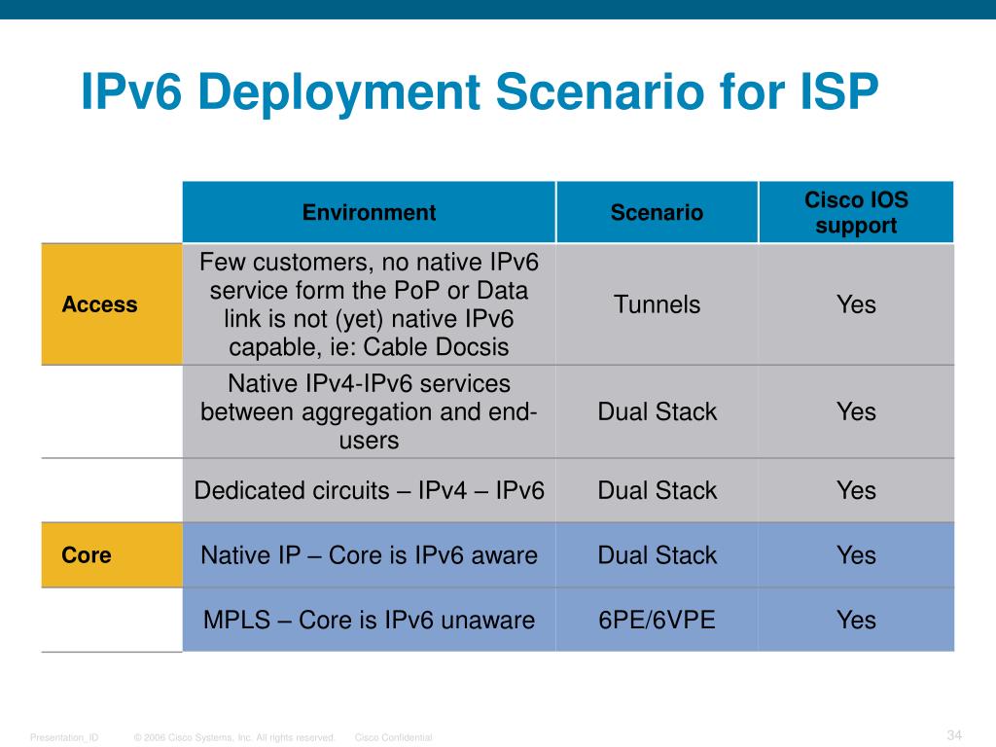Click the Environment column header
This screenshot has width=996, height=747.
pos(369,213)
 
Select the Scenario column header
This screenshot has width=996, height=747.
pos(657,213)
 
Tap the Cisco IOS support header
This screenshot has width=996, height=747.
pos(856,213)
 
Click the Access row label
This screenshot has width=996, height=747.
pos(100,304)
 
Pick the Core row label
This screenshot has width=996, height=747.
pos(87,555)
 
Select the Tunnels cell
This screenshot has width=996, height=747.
pos(657,304)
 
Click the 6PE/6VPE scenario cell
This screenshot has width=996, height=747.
pos(657,620)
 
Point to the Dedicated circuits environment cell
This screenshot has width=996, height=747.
pos(369,490)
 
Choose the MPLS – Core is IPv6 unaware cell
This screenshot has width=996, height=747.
pos(369,620)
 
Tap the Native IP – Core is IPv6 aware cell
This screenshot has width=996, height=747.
pos(369,555)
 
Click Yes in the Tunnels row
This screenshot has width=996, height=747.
pos(856,304)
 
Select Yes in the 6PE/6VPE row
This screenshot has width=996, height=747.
pos(856,620)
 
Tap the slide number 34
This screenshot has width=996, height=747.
pos(953,734)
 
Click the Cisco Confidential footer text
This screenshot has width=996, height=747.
pos(393,738)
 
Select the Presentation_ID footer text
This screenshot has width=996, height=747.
pos(64,738)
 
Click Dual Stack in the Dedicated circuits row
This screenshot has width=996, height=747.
pos(657,490)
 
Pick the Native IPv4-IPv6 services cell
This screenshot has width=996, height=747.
pos(369,411)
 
